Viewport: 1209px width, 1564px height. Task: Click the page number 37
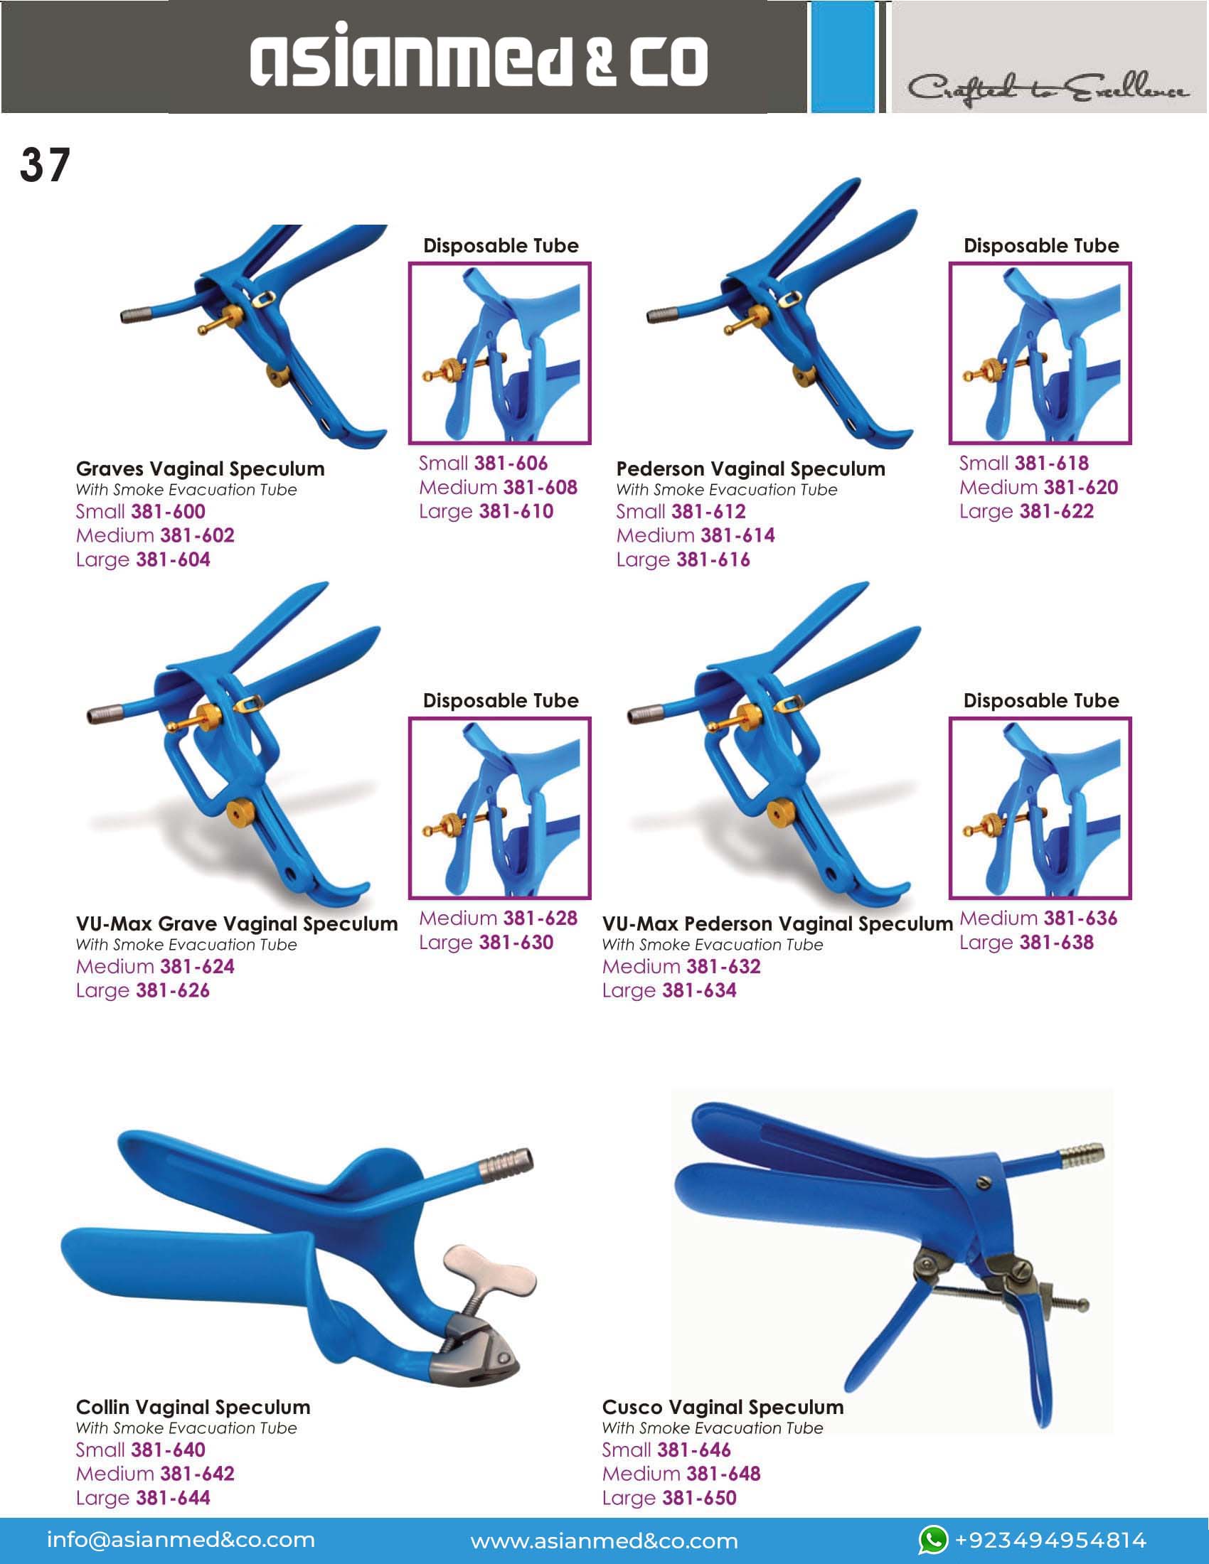click(x=45, y=166)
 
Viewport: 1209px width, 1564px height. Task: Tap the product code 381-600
click(x=169, y=511)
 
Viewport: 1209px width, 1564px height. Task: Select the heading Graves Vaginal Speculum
click(x=200, y=469)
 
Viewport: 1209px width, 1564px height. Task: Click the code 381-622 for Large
click(x=1056, y=511)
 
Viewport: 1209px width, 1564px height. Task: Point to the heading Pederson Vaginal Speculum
click(x=750, y=469)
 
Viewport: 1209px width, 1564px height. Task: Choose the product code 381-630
click(x=516, y=943)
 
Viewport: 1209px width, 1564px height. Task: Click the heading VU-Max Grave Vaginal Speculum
click(x=237, y=923)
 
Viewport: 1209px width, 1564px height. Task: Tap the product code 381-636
click(x=1080, y=918)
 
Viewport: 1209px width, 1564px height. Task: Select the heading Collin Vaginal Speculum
click(x=193, y=1407)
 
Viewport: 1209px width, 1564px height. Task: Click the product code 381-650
click(x=699, y=1497)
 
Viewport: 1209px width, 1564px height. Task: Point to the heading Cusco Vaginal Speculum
click(x=723, y=1407)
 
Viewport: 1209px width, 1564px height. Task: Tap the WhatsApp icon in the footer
click(x=933, y=1541)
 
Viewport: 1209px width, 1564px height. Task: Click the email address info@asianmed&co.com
click(x=181, y=1540)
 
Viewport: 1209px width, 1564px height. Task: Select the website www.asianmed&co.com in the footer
click(x=604, y=1541)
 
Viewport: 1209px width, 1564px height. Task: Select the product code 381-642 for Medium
click(x=197, y=1474)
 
